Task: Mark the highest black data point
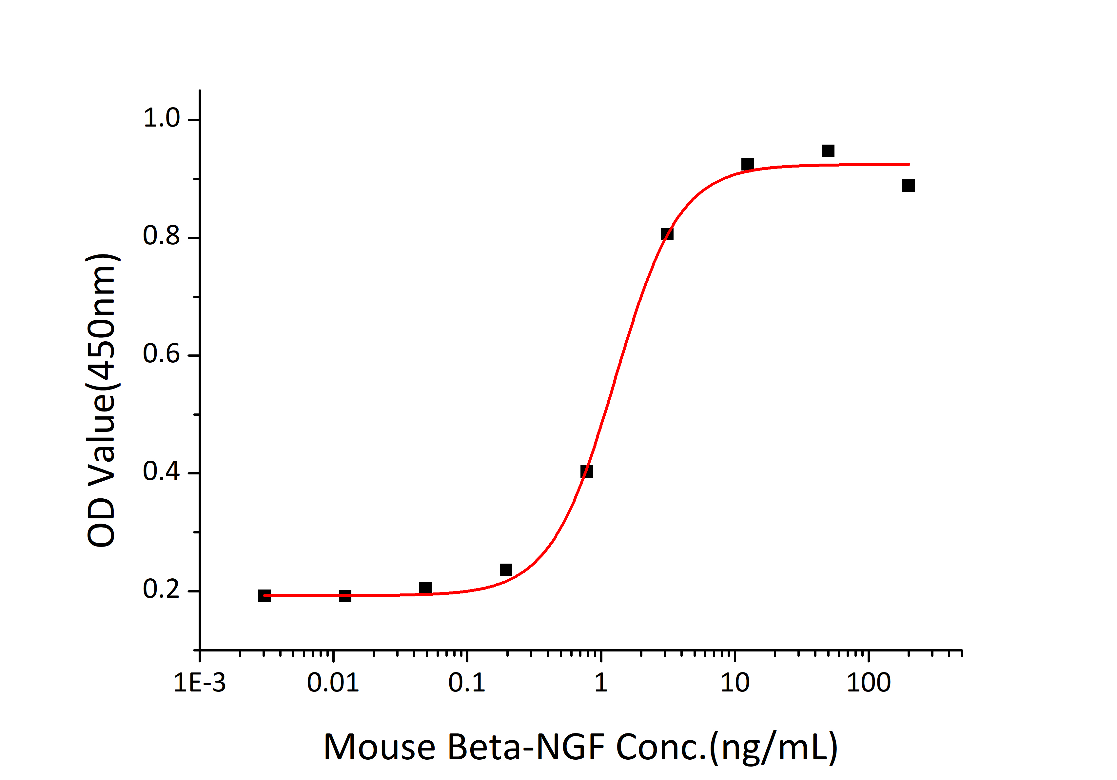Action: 828,151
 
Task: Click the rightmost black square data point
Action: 908,185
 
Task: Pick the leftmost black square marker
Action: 264,596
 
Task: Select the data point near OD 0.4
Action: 587,471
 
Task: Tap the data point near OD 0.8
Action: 667,234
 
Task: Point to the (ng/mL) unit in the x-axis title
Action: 774,748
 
